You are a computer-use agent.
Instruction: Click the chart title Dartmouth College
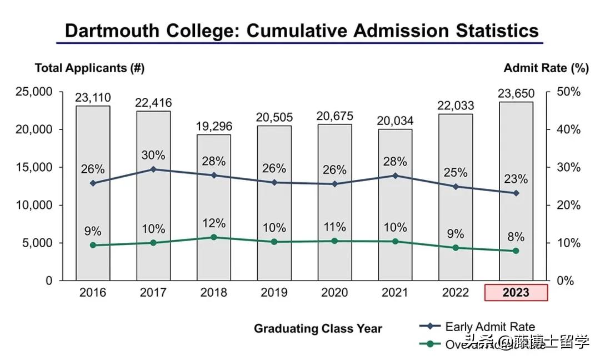(302, 30)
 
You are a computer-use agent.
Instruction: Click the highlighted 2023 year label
(516, 293)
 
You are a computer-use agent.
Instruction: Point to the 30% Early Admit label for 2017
(153, 155)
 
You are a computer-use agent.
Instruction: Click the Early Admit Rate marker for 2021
(396, 176)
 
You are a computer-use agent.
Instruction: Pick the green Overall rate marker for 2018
(214, 237)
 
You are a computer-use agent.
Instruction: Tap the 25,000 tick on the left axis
(33, 92)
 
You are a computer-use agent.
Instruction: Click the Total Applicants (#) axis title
(89, 68)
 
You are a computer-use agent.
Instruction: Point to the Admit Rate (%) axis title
(546, 68)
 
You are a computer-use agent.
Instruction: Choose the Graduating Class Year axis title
(318, 328)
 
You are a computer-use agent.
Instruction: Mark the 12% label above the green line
(214, 223)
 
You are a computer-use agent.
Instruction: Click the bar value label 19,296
(214, 126)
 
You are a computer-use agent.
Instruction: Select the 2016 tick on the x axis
(93, 293)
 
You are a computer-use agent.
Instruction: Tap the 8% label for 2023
(516, 237)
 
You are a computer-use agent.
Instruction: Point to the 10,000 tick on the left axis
(33, 205)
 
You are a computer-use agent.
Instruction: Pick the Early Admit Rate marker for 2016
(93, 183)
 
